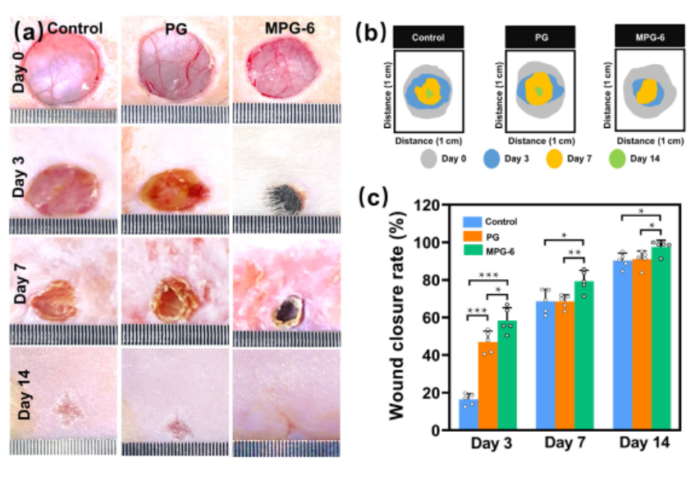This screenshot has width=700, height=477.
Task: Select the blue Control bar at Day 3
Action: (468, 415)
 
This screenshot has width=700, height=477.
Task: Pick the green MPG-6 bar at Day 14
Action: (661, 337)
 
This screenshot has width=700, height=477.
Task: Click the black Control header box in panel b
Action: (428, 37)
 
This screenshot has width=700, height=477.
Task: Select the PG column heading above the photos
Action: (176, 29)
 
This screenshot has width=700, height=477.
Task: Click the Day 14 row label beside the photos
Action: (25, 396)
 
